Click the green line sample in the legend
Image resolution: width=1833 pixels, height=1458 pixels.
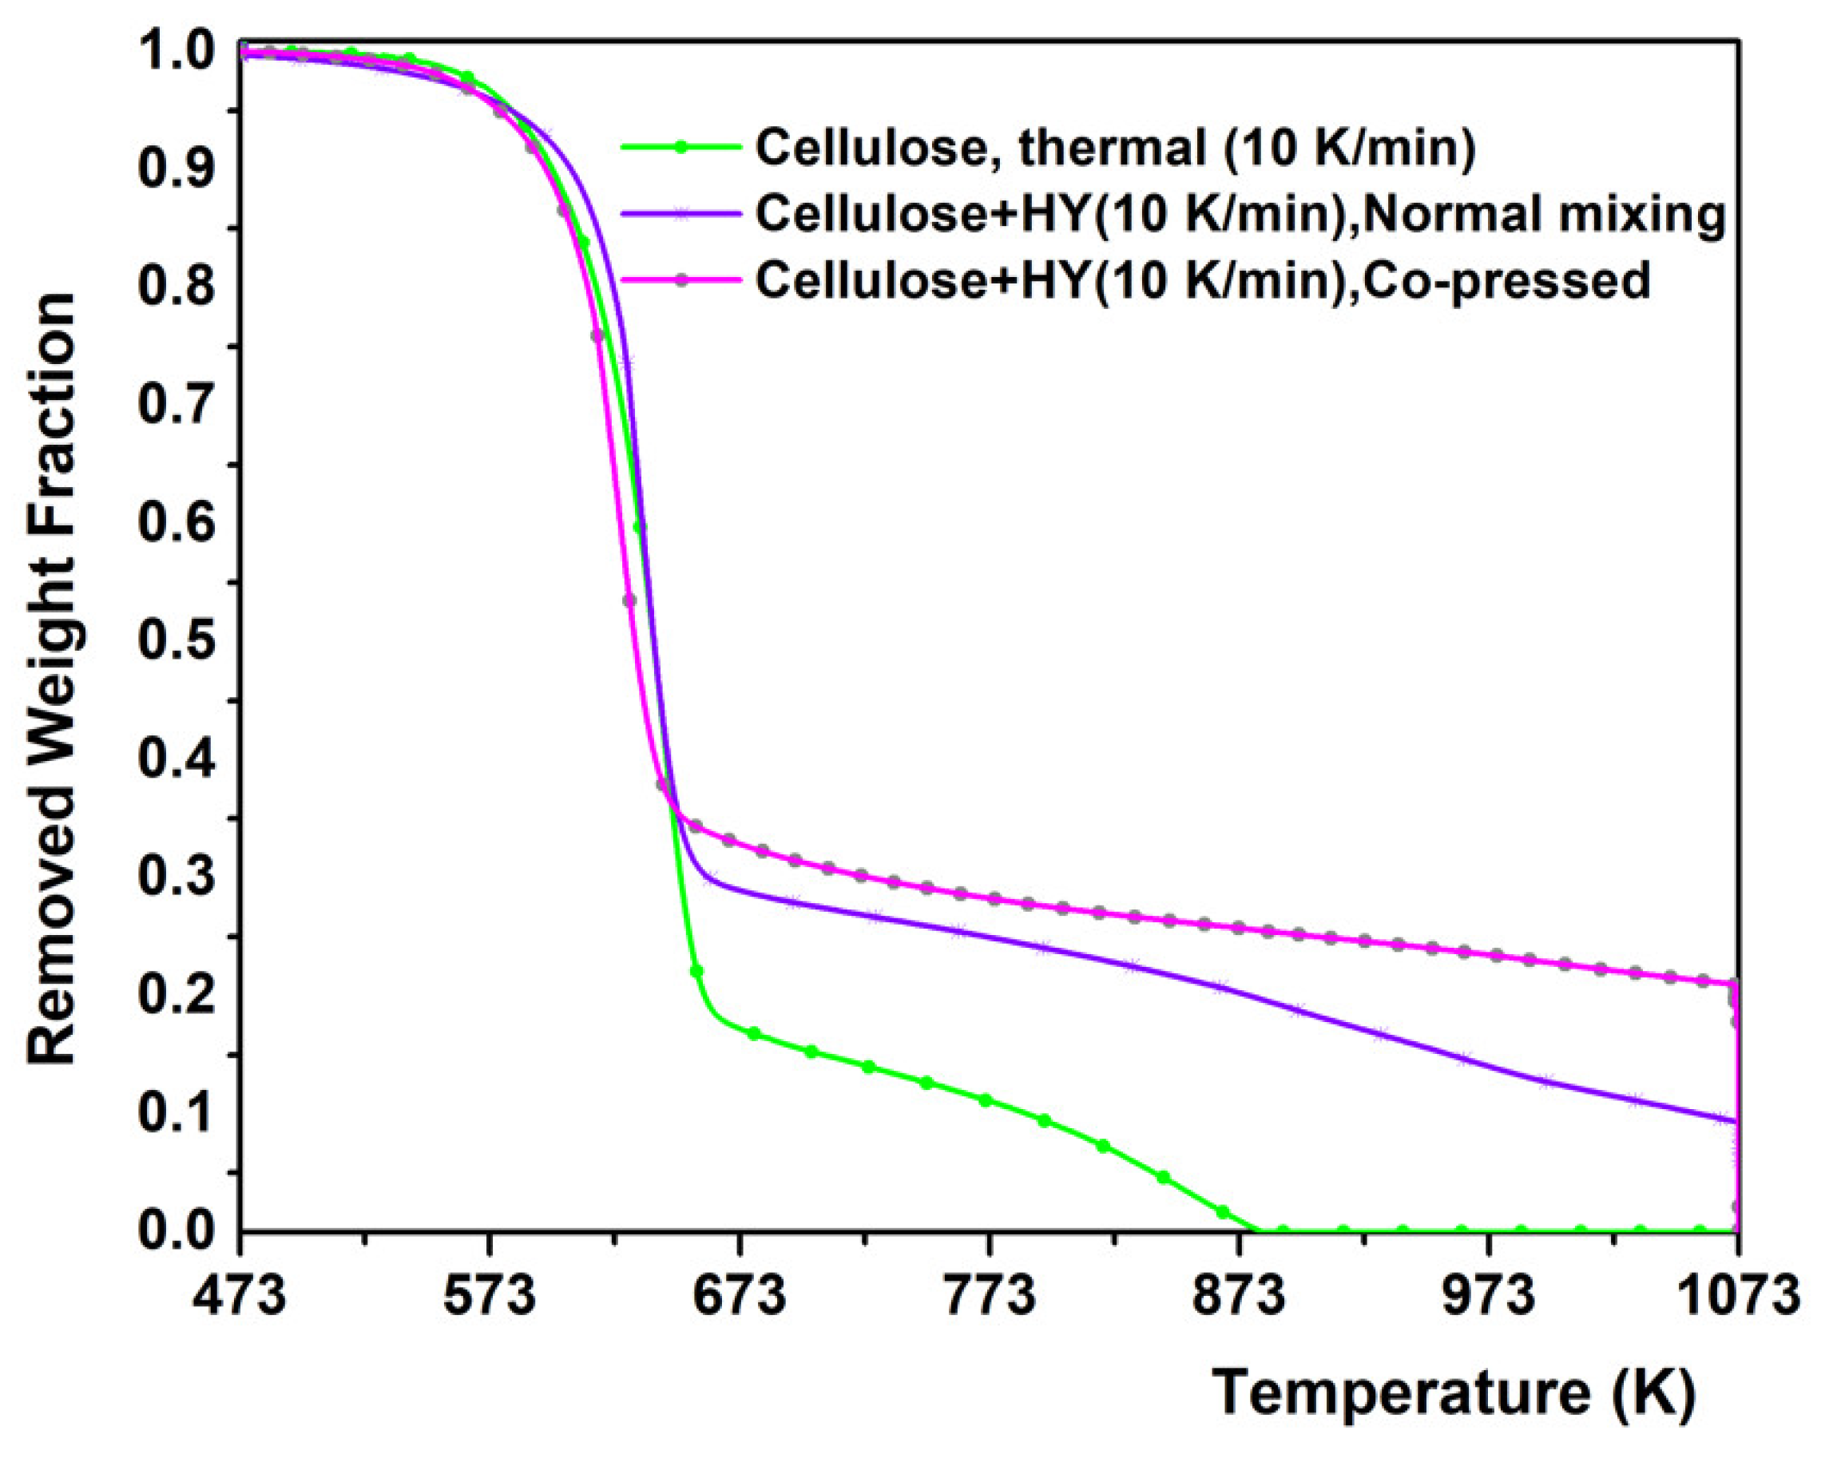coord(680,147)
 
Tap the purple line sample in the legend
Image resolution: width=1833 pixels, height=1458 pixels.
coord(680,214)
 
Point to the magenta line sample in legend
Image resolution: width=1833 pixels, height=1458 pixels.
coord(680,280)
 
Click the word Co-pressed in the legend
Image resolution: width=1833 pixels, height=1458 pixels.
coord(1509,280)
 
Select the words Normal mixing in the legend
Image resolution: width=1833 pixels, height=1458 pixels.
coord(1547,214)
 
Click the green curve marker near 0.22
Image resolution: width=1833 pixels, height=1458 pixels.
coord(696,971)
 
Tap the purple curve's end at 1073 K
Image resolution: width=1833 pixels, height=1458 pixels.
coord(1735,1121)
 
